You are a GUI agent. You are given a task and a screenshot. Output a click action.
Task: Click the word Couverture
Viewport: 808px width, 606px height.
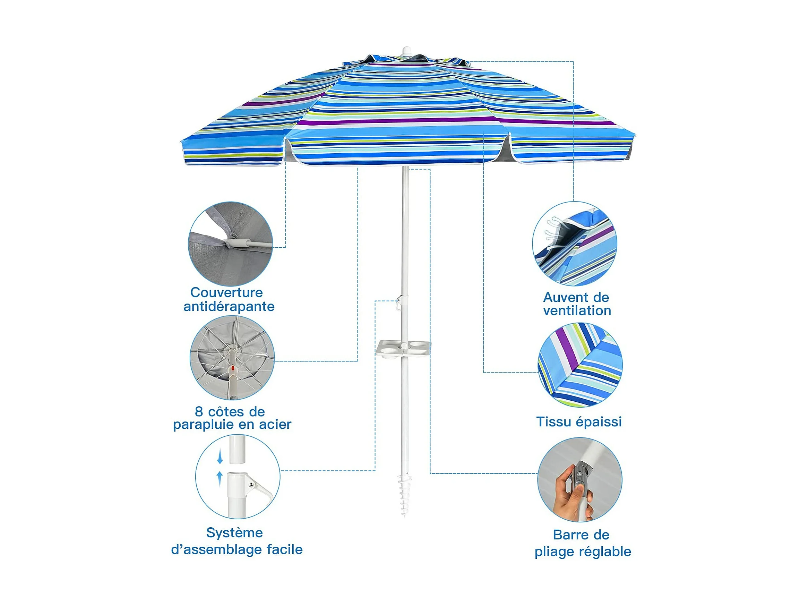point(226,292)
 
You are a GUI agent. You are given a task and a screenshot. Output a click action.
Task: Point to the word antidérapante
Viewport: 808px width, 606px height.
point(229,307)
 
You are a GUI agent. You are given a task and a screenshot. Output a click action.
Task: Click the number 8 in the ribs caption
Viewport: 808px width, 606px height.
point(199,412)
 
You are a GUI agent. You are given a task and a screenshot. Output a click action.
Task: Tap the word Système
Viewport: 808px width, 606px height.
point(234,533)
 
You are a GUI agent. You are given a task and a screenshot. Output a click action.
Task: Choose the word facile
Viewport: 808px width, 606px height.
point(284,549)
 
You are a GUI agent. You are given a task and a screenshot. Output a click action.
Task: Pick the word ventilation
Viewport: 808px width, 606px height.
point(577,311)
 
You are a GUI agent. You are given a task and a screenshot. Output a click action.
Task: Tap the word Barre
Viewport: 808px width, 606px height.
point(569,535)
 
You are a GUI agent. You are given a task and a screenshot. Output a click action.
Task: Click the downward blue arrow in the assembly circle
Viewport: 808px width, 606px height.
point(220,456)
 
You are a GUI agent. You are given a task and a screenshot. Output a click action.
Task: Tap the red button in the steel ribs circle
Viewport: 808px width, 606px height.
point(233,373)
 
